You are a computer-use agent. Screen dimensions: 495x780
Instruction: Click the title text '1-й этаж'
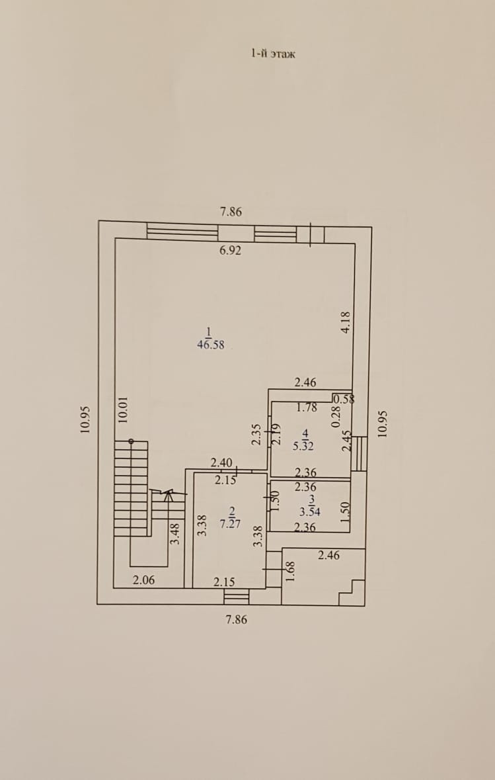[x=272, y=54]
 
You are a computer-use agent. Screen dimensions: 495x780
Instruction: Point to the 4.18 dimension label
[x=345, y=322]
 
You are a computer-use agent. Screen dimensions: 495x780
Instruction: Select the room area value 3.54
[x=309, y=511]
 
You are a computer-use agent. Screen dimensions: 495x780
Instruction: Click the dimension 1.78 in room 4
[x=306, y=408]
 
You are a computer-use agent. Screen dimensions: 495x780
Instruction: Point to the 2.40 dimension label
[x=221, y=462]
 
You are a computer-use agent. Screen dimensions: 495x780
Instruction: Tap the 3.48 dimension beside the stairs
[x=174, y=533]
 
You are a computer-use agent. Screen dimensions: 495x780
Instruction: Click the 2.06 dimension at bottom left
[x=143, y=580]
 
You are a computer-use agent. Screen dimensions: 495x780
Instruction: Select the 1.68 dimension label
[x=288, y=571]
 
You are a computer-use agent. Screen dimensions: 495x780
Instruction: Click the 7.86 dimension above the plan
[x=231, y=212]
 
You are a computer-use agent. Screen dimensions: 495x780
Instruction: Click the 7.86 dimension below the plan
[x=236, y=620]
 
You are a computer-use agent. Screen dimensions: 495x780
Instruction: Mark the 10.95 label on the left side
[x=85, y=419]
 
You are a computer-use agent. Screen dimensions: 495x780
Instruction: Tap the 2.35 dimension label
[x=258, y=434]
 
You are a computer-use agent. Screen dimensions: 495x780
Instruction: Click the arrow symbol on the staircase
[x=168, y=493]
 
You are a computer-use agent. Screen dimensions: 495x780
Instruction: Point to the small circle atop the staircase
[x=131, y=441]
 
